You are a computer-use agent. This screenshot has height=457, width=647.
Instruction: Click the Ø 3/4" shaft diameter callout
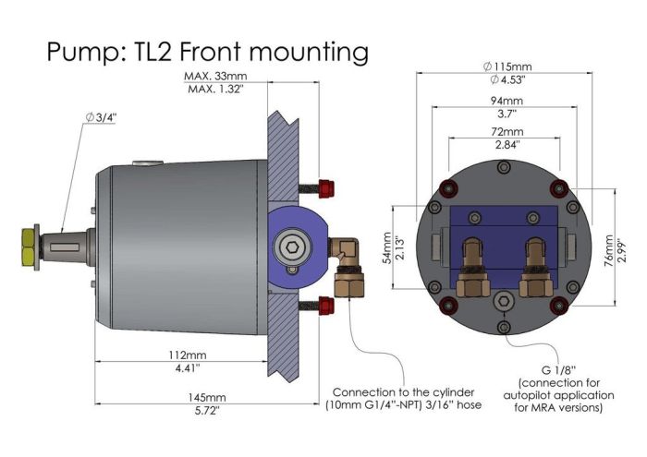click(104, 117)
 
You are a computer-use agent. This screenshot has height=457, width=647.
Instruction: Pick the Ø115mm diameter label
click(507, 67)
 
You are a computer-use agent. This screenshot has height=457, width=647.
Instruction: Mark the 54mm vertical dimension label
click(388, 245)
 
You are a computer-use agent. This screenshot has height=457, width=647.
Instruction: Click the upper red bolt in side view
click(325, 187)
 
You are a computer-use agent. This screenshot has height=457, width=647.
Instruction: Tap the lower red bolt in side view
click(325, 304)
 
